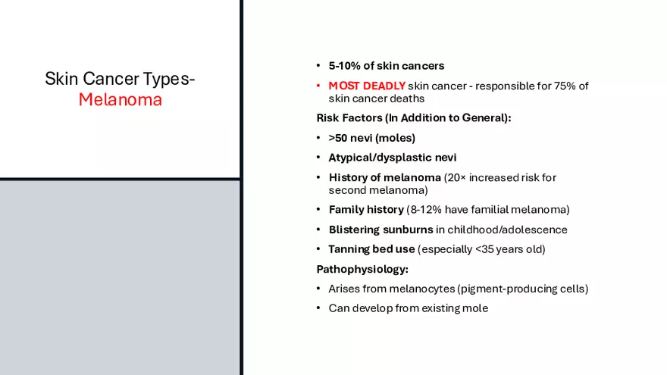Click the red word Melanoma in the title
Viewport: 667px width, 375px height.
click(x=121, y=99)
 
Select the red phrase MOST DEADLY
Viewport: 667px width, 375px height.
click(x=367, y=86)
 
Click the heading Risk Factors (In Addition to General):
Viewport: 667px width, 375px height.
click(x=414, y=117)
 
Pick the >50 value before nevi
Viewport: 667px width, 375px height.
click(x=338, y=138)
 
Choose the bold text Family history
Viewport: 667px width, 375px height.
click(x=366, y=210)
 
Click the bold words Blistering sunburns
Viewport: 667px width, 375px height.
click(x=380, y=230)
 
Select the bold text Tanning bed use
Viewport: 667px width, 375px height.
click(x=371, y=249)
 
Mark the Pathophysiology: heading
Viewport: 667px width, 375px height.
click(x=362, y=269)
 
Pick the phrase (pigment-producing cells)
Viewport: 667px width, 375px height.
click(x=523, y=289)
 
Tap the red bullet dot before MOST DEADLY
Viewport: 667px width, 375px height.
click(x=318, y=86)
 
